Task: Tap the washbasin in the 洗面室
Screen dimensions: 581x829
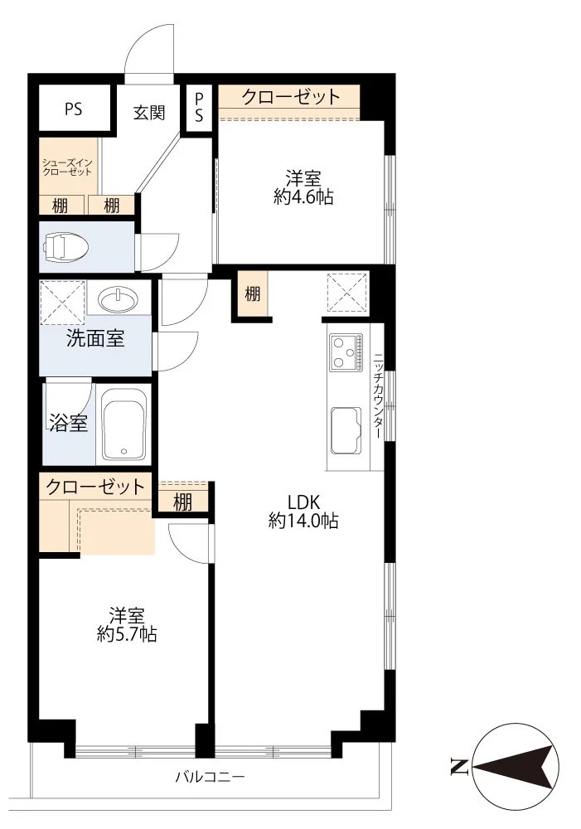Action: point(119,300)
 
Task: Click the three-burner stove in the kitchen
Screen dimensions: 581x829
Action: point(346,351)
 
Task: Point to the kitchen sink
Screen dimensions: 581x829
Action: point(346,430)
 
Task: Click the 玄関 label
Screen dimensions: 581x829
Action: point(149,112)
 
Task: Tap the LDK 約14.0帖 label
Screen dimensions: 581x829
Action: point(303,511)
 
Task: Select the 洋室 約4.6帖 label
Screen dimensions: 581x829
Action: point(303,187)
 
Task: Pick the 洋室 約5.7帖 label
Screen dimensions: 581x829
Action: point(127,625)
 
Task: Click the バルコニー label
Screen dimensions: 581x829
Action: point(210,778)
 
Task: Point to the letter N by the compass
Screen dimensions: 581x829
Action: point(458,767)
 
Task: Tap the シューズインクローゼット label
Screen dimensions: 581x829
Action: point(67,167)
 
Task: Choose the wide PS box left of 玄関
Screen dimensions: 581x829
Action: point(74,108)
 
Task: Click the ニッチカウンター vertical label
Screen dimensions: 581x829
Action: point(378,395)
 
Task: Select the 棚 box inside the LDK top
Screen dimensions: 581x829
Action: point(252,293)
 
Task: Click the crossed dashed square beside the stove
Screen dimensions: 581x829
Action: point(348,293)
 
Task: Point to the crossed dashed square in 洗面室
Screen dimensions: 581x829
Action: point(62,303)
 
